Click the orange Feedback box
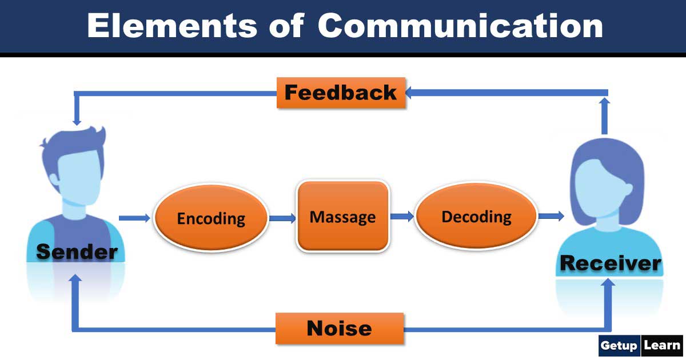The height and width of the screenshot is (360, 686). tap(341, 93)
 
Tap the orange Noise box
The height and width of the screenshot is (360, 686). tap(340, 328)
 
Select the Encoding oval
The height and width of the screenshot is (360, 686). tap(210, 218)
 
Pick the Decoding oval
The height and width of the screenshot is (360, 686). tap(476, 217)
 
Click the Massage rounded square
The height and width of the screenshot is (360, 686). tap(342, 217)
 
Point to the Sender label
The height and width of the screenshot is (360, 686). tap(77, 251)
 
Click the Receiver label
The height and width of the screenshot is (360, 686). tap(610, 263)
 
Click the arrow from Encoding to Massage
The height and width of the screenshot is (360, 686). tap(282, 218)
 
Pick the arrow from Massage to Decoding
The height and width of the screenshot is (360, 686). tap(402, 216)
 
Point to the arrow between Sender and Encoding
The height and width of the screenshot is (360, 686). tap(135, 218)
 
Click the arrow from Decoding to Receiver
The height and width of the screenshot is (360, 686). tap(551, 216)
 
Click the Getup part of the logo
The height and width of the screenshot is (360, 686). tap(620, 345)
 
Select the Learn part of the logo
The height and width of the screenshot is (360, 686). tap(662, 345)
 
